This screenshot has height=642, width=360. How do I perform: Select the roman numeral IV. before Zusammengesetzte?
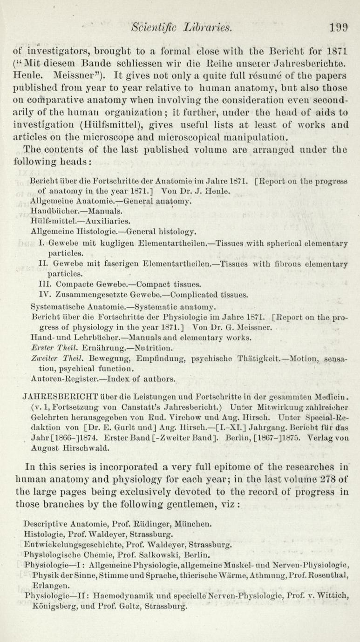(x=45, y=295)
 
